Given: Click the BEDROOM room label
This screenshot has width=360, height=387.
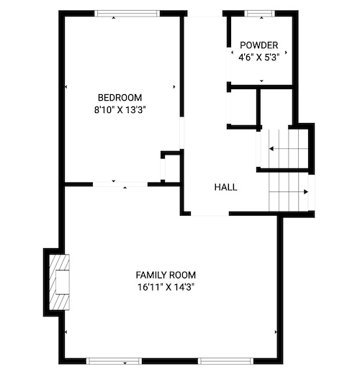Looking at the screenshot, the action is point(120,98).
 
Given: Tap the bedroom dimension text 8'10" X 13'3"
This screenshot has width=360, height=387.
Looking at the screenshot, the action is point(120,110).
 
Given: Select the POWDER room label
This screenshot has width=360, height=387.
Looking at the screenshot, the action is point(259,45).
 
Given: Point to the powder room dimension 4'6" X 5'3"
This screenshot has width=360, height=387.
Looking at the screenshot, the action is point(259,58).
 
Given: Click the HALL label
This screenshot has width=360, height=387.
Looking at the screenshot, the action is point(225,187).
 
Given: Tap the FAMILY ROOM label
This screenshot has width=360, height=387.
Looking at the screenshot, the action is point(166,275).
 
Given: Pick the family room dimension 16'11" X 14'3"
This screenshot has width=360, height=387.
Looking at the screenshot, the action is point(166,287).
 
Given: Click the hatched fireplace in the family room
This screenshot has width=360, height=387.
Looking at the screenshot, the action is point(59,282).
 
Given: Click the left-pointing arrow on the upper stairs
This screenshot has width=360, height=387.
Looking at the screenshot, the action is point(289,149).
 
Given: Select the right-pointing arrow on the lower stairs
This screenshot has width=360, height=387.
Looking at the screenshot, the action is point(289,192).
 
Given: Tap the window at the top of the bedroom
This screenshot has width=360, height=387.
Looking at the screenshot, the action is point(127,14).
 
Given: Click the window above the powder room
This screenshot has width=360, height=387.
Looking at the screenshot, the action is point(260,14).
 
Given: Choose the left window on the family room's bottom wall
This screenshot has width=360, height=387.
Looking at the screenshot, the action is point(114,361).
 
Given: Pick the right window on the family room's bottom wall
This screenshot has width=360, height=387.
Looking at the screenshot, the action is point(226,361).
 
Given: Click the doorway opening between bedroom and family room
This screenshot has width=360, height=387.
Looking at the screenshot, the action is point(120,184).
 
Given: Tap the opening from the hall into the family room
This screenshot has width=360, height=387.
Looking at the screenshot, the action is point(210,214).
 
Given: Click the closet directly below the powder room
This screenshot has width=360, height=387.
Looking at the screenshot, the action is point(243,107).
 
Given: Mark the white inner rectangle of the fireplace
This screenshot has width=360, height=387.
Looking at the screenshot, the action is point(62,282).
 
